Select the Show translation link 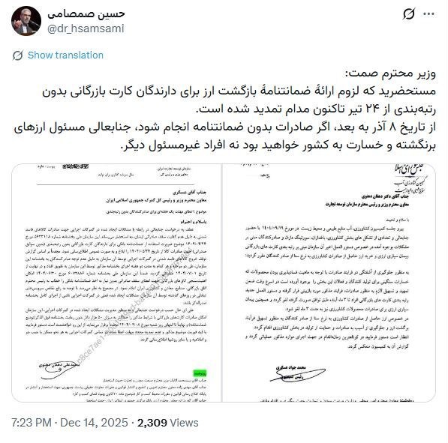pos(65,55)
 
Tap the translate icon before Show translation pos(17,55)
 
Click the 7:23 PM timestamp pos(32,422)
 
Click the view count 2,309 pos(155,422)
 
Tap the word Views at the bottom pos(191,422)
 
